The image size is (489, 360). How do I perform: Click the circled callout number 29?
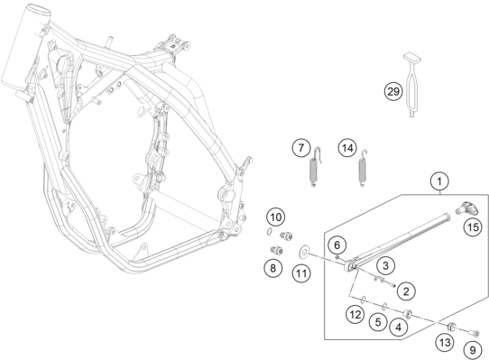(393, 91)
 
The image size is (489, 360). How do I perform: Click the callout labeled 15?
(473, 228)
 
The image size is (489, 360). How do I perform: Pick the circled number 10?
(276, 217)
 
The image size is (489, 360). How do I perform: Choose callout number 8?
(272, 267)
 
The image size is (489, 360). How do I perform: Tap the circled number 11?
(302, 272)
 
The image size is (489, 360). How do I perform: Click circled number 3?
(384, 265)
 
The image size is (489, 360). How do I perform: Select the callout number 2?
(407, 290)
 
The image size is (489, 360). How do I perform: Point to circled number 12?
(355, 314)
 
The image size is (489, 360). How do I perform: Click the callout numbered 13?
(444, 341)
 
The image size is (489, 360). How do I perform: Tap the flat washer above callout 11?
(302, 249)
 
